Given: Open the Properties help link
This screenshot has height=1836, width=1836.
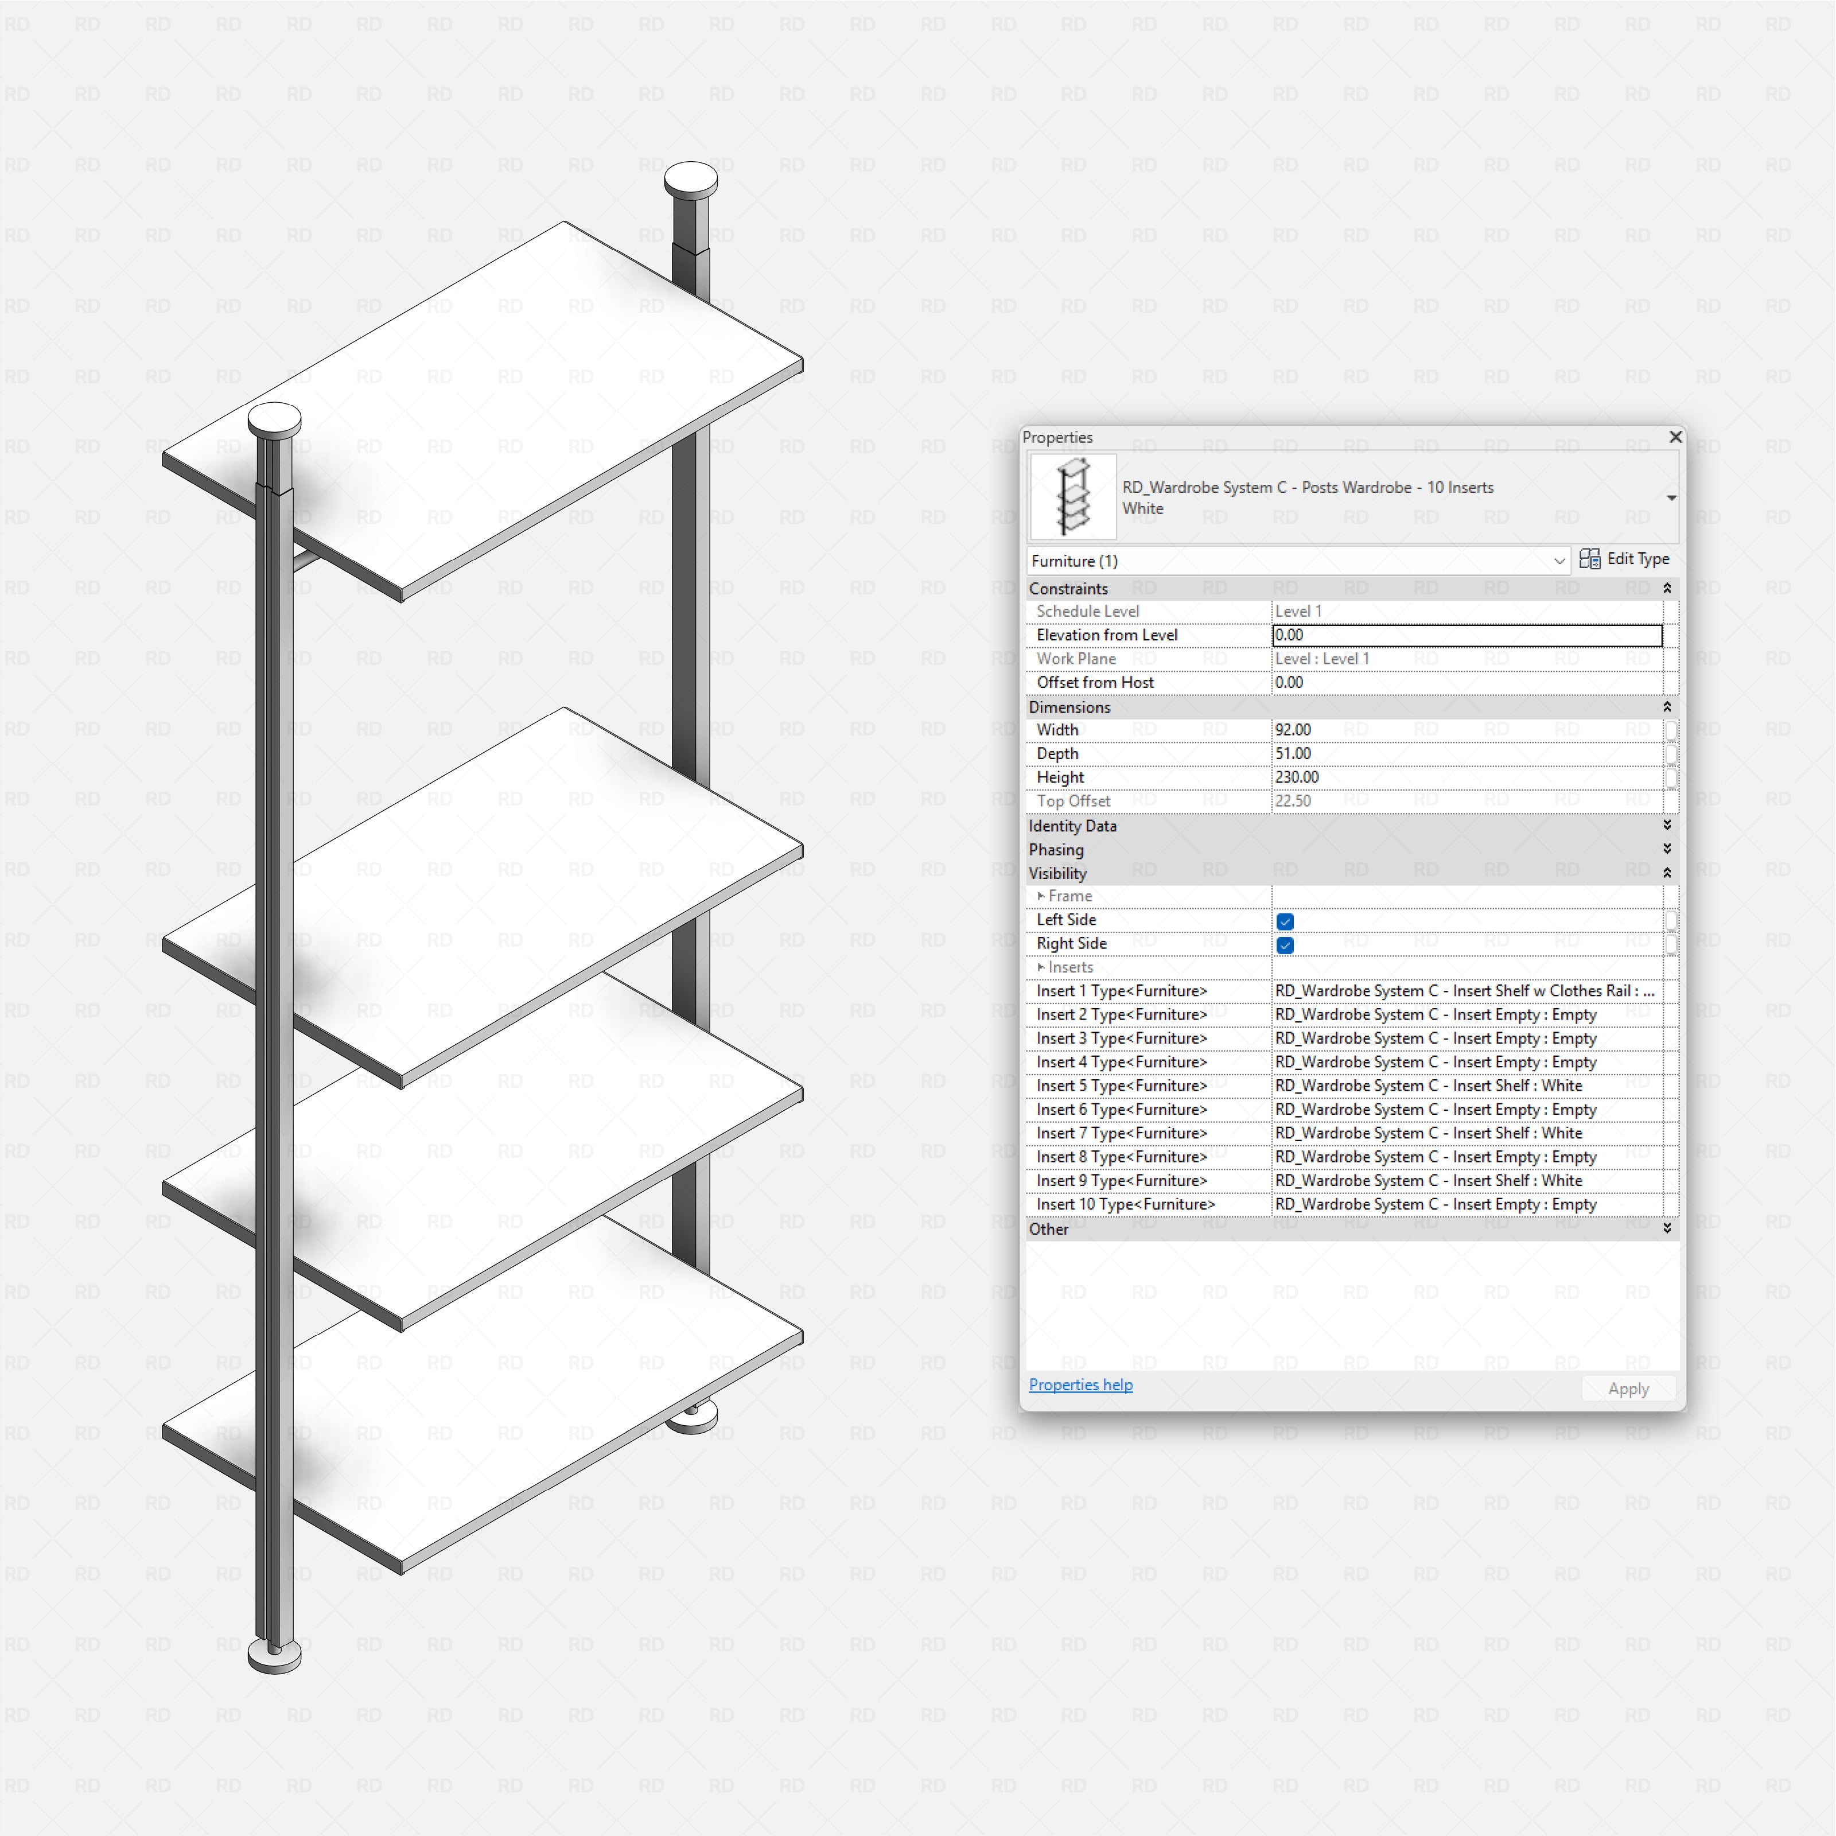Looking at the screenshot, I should [1080, 1384].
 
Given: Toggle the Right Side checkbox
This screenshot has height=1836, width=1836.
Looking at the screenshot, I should [1285, 944].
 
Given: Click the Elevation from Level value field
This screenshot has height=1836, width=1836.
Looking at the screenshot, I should [1467, 635].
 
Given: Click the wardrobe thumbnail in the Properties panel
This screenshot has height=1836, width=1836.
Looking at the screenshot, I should [1073, 497].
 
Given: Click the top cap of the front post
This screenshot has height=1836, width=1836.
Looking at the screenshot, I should [275, 418].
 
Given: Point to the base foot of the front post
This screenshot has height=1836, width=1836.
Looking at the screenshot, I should [275, 1655].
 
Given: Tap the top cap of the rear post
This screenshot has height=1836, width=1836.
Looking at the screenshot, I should [691, 178].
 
